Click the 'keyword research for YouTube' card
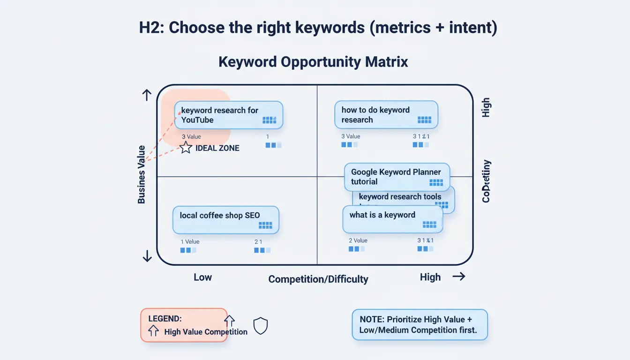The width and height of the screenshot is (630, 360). (x=229, y=115)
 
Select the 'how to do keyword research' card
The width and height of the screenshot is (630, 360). (x=386, y=115)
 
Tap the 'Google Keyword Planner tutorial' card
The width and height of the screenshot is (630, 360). (x=397, y=177)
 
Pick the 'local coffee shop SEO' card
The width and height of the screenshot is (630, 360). (x=225, y=220)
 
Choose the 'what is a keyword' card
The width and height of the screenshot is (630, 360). (x=392, y=219)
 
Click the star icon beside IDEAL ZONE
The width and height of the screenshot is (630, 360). (x=186, y=148)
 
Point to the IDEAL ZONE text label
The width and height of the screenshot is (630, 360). (x=217, y=148)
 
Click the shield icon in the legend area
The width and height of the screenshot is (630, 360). (x=260, y=325)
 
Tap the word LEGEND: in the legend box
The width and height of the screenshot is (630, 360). (x=165, y=319)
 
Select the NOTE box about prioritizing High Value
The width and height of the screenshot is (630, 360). (x=420, y=324)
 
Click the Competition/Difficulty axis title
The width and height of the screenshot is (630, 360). (x=318, y=279)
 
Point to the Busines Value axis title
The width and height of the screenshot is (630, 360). (x=142, y=174)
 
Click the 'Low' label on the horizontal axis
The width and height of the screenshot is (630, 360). (x=202, y=277)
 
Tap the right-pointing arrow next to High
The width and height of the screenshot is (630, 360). (x=458, y=277)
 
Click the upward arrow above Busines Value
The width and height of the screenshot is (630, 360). (x=147, y=96)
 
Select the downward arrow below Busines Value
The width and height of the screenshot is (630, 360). (x=147, y=256)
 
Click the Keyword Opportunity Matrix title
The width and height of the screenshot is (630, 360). (x=313, y=62)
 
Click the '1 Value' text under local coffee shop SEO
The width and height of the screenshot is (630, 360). (x=190, y=242)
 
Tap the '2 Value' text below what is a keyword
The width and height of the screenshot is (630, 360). (x=358, y=240)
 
